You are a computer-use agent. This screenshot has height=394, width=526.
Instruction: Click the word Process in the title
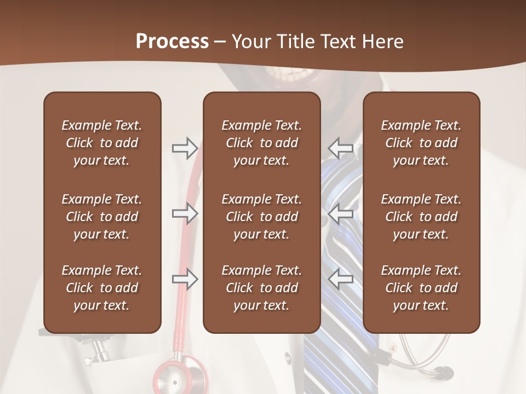click(172, 42)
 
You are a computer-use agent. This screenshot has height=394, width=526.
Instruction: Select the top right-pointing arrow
click(185, 148)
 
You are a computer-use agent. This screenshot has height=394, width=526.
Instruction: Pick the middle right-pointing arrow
click(185, 213)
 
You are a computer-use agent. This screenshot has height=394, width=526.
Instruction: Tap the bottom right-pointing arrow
click(185, 279)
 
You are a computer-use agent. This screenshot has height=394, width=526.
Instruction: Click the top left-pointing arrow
click(341, 148)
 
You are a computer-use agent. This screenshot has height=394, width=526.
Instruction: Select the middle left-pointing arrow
click(341, 213)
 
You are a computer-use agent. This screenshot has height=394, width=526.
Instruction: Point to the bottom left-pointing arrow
click(341, 279)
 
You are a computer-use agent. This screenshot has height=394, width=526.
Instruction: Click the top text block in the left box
click(102, 143)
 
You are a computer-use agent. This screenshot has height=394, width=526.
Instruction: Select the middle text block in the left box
click(102, 217)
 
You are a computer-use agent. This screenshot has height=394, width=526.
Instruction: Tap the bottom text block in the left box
click(102, 288)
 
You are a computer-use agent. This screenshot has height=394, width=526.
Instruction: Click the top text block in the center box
click(261, 143)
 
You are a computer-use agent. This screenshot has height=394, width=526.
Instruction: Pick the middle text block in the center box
click(261, 217)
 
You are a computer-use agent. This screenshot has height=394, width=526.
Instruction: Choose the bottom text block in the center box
click(261, 288)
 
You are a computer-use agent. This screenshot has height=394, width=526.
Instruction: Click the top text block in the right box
click(421, 143)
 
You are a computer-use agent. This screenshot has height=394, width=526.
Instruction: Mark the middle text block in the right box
click(421, 217)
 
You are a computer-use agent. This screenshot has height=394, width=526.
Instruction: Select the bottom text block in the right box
click(421, 288)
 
